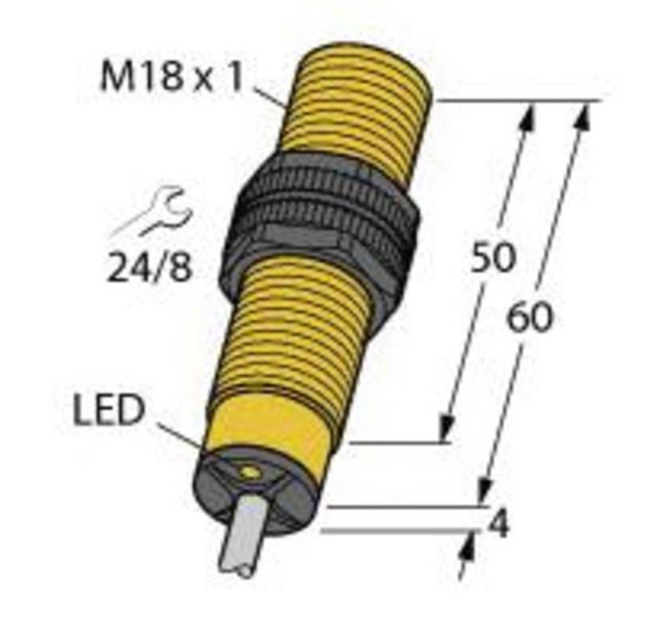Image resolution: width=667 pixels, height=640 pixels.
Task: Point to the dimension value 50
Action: click(x=493, y=259)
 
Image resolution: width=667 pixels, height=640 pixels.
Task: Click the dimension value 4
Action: click(x=498, y=526)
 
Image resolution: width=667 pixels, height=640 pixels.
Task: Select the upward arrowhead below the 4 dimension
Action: click(x=466, y=547)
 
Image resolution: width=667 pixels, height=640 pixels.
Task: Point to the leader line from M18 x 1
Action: click(x=271, y=95)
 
